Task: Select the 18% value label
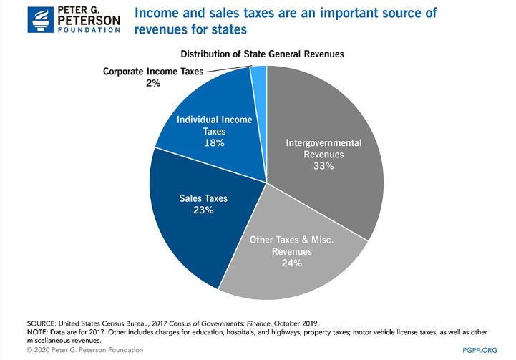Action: (214, 143)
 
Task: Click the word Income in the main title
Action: (168, 14)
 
